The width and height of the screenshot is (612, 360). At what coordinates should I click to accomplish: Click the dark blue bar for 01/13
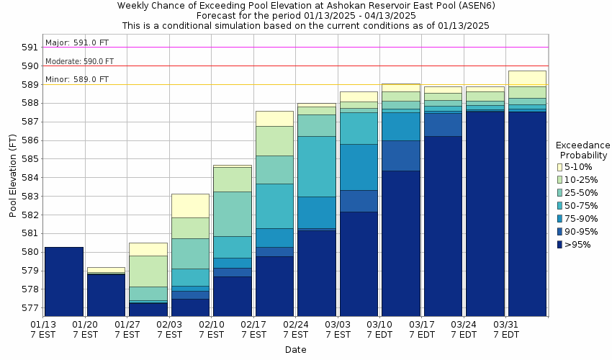point(63,282)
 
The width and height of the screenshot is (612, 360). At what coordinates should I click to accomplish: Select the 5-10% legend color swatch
point(560,167)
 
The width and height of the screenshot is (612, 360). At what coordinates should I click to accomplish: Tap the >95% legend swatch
point(560,245)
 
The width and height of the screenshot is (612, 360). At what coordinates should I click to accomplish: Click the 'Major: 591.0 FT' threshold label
point(76,42)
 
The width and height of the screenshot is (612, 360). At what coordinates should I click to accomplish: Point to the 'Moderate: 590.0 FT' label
point(79,62)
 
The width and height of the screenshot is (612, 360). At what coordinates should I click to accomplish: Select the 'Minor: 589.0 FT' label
point(76,79)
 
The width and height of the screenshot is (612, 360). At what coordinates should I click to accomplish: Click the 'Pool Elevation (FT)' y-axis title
point(13,176)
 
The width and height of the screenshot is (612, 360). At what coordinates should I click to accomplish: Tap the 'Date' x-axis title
point(295,350)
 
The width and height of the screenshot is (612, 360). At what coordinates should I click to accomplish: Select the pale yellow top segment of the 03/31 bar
point(527,78)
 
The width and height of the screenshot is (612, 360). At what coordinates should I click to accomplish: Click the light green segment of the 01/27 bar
point(148,271)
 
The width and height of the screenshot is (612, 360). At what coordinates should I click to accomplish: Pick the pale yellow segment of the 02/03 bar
point(190,205)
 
